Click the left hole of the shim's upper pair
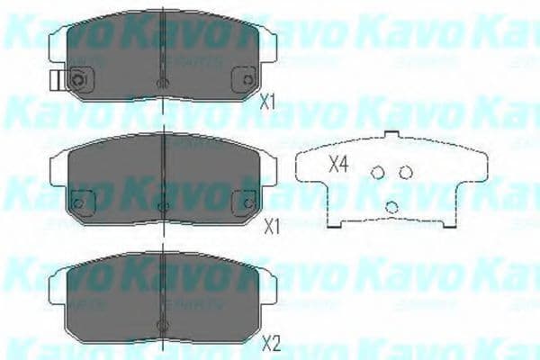tap(379, 173)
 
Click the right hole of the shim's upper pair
tap(406, 172)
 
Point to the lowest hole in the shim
tap(392, 207)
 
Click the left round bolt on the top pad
tap(78, 81)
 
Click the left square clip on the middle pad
tap(80, 203)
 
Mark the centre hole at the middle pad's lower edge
tap(162, 208)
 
